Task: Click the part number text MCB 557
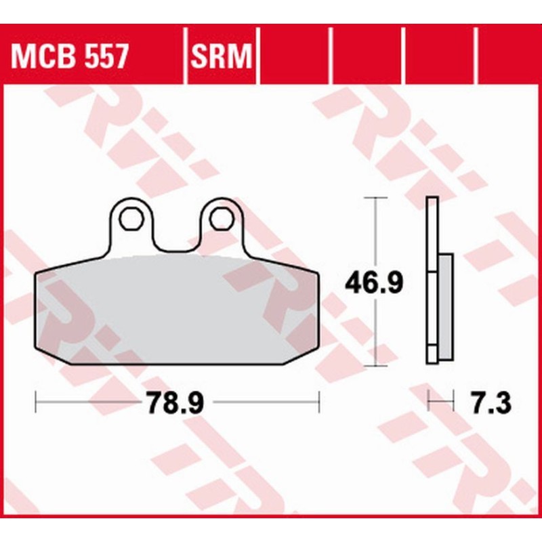pyautogui.click(x=68, y=57)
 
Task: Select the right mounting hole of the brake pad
pyautogui.click(x=219, y=219)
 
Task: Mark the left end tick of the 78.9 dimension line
pyautogui.click(x=35, y=403)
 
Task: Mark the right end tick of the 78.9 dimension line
pyautogui.click(x=318, y=403)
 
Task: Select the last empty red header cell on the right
pyautogui.click(x=508, y=57)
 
